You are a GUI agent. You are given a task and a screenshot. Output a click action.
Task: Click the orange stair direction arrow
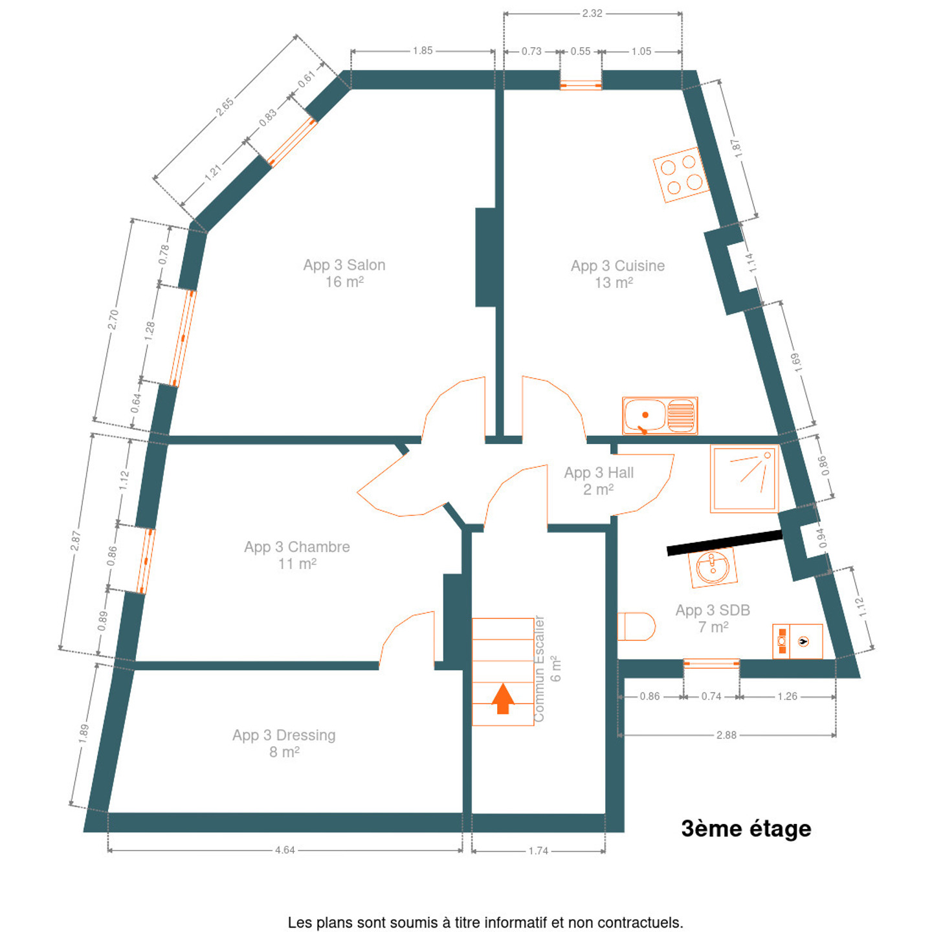[x=502, y=698]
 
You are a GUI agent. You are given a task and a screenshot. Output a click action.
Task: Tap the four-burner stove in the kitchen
[x=681, y=175]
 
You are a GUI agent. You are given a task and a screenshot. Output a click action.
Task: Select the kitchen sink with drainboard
[x=660, y=416]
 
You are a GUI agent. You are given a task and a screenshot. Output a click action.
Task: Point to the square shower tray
[x=744, y=478]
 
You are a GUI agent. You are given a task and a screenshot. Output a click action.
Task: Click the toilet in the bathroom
[x=636, y=627]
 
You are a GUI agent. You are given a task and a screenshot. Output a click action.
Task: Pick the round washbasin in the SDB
[x=713, y=567]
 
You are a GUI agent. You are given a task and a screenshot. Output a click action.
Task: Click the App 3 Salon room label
[x=344, y=273]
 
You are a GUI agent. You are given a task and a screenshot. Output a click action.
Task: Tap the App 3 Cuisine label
[x=617, y=274]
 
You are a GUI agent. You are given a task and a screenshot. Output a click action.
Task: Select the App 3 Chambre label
[x=297, y=555]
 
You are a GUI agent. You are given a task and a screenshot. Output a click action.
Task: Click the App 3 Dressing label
[x=284, y=744]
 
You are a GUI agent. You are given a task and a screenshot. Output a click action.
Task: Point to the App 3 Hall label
[x=599, y=481]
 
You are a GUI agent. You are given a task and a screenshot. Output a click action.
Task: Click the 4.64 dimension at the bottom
[x=285, y=850]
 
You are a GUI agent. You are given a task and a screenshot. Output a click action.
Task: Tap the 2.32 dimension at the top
[x=592, y=14]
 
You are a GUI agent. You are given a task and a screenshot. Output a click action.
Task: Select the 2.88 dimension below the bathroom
[x=726, y=735]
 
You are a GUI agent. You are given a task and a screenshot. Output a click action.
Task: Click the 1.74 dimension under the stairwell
[x=538, y=850]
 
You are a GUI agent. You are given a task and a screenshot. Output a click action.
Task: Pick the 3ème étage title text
[x=746, y=828]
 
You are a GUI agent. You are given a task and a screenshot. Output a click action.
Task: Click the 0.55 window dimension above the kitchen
[x=581, y=51]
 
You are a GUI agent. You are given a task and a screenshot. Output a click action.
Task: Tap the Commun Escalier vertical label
[x=538, y=669]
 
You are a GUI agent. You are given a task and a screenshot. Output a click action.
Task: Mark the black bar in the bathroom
[x=724, y=542]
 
